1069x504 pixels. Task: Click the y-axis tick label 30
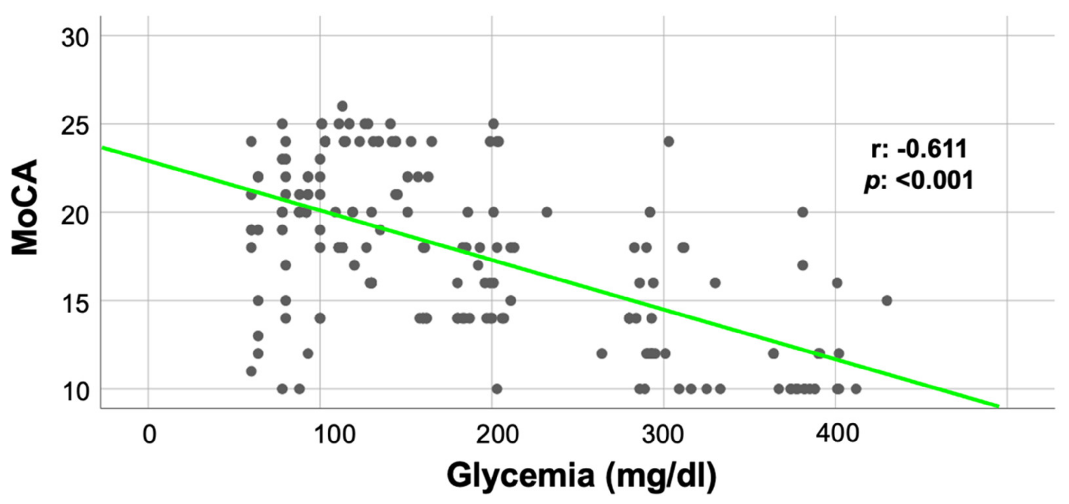[75, 39]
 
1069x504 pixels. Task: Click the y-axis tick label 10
[75, 392]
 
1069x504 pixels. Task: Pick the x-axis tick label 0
[149, 435]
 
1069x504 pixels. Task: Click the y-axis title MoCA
[25, 207]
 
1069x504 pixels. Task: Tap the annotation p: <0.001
[918, 181]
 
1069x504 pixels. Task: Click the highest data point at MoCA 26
[342, 106]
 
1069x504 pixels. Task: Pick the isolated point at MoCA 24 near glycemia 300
[668, 141]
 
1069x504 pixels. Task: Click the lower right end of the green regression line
[997, 406]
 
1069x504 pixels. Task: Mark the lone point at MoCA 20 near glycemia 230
[547, 212]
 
